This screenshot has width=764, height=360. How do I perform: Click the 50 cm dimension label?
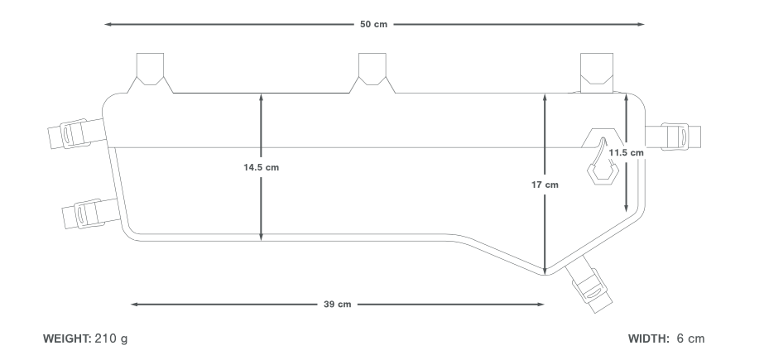tap(373, 24)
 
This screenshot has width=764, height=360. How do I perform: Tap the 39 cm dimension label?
tap(337, 305)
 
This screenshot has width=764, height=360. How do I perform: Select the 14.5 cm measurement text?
tap(261, 167)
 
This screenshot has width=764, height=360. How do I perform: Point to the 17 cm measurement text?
tap(545, 185)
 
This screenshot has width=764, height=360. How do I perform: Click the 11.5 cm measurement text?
tap(626, 153)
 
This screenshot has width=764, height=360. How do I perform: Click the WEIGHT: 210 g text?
tap(85, 339)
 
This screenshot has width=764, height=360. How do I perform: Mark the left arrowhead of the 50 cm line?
tap(108, 24)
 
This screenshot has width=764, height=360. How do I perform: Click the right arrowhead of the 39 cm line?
tap(541, 305)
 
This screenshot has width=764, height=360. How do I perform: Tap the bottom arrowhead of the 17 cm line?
tap(545, 271)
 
